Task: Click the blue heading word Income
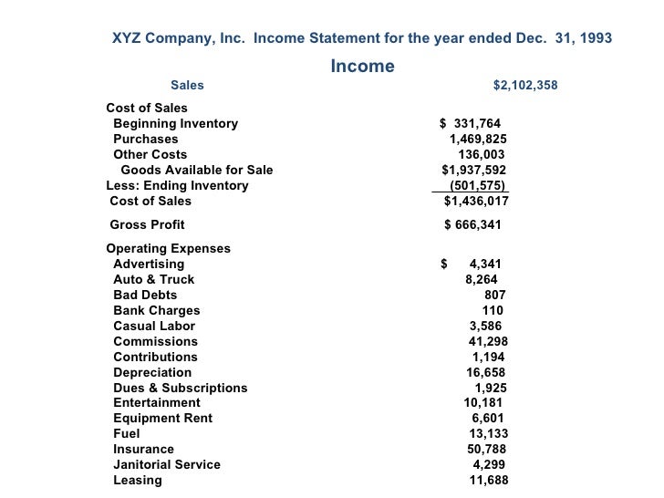click(x=362, y=67)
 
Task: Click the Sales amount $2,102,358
click(x=525, y=86)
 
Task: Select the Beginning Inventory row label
click(x=175, y=124)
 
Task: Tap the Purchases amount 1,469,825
click(x=478, y=140)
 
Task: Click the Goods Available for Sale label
click(x=196, y=171)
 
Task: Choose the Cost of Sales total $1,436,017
click(x=476, y=202)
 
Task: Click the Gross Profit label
click(x=147, y=224)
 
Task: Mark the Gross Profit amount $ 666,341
click(x=472, y=224)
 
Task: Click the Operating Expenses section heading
click(x=169, y=249)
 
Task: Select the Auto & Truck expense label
click(x=153, y=280)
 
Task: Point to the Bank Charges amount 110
click(x=493, y=311)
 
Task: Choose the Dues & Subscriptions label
click(x=180, y=389)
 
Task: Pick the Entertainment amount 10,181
click(x=482, y=403)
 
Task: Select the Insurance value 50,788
click(x=486, y=450)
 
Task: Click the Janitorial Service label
click(x=167, y=465)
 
